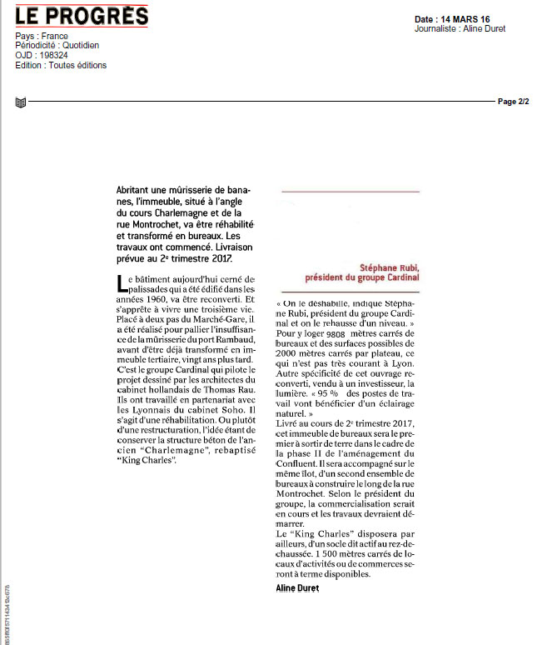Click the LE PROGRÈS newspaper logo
(x=82, y=16)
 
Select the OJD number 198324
(x=53, y=56)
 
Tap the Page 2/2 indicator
(x=513, y=102)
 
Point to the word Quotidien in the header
(x=79, y=46)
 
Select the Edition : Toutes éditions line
(x=61, y=65)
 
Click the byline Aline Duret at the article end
(x=296, y=588)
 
